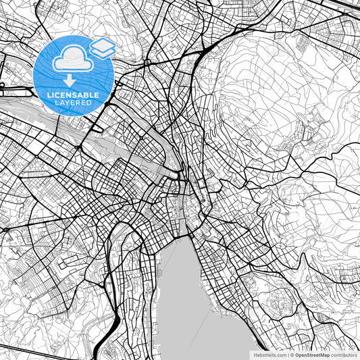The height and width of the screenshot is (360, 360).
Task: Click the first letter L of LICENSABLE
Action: coord(49,95)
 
